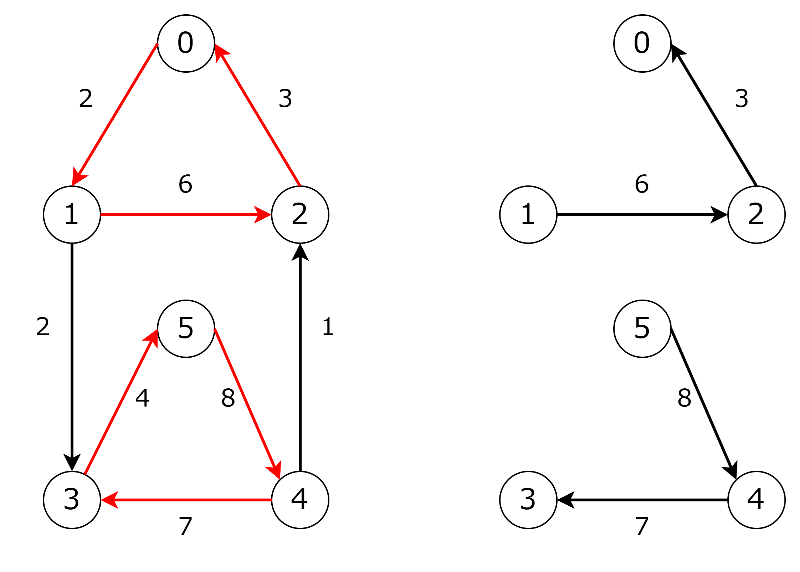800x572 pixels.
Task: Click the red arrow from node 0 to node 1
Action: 115,115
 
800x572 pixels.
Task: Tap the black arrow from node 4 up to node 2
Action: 300,357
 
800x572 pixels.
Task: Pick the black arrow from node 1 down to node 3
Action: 72,357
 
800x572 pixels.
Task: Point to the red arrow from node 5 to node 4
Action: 247,404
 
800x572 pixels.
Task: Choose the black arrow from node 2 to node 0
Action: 714,115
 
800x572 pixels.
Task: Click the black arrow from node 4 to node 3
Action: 642,500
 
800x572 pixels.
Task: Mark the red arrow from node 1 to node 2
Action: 186,215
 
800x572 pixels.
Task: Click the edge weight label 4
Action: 143,398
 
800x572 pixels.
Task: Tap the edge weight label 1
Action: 328,326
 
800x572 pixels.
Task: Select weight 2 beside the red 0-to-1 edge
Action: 86,98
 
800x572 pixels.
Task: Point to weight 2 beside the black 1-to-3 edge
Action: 43,326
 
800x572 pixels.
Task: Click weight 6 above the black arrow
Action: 642,184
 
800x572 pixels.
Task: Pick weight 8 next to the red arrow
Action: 228,398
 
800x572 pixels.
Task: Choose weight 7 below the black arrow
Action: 642,526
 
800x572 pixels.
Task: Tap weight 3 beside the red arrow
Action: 285,98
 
